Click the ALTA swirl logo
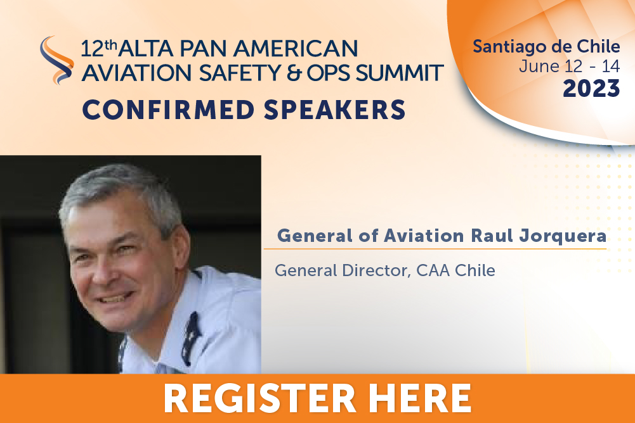tap(56, 60)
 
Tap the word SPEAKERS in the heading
tap(334, 110)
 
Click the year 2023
tap(591, 89)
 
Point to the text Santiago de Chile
tap(546, 47)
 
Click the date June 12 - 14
tap(570, 66)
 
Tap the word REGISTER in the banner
tap(259, 398)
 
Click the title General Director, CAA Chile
tap(384, 270)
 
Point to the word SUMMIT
tap(399, 73)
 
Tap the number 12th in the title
tap(98, 49)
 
